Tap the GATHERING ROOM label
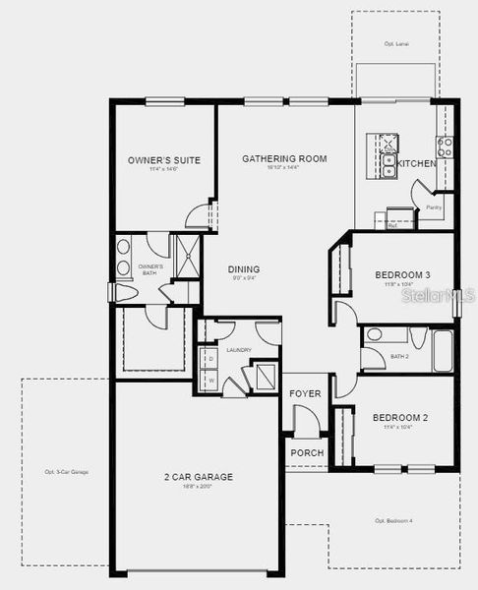click(x=284, y=158)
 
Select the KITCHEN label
click(x=417, y=164)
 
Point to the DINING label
click(x=244, y=268)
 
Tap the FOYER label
click(x=304, y=394)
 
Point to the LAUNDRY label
click(x=239, y=350)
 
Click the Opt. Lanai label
click(x=395, y=44)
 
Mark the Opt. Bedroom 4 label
click(x=394, y=520)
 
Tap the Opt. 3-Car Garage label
click(x=67, y=473)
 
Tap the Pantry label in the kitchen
click(x=434, y=207)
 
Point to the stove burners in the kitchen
click(x=446, y=147)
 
